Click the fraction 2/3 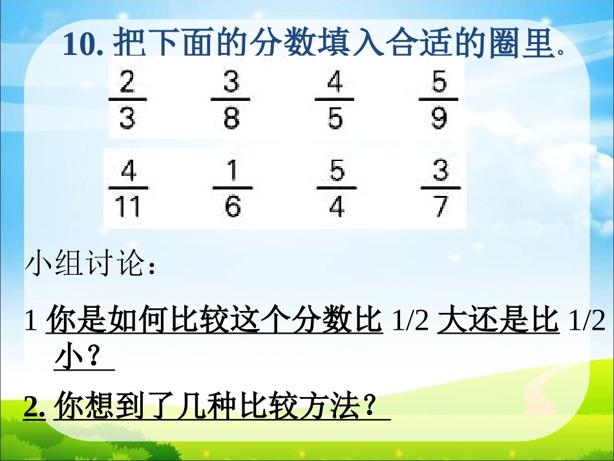127,100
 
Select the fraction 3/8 231,100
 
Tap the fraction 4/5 334,100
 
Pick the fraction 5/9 439,100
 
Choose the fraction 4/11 129,189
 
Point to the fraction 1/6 233,189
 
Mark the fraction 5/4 337,189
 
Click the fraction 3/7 440,189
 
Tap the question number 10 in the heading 79,45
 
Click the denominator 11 129,207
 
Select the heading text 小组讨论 83,265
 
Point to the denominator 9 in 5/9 439,118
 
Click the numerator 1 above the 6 233,171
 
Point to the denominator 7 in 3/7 441,207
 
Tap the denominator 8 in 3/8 231,118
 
